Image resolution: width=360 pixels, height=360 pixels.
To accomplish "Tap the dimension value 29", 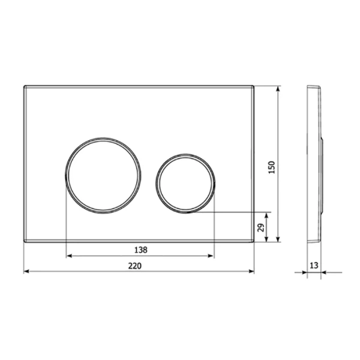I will click(x=260, y=227).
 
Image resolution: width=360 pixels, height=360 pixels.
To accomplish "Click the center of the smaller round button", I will click(x=185, y=183).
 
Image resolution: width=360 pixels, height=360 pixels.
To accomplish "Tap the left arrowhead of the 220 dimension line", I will click(x=26, y=272).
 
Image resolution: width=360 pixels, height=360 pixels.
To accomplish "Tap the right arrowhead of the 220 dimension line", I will click(x=251, y=272).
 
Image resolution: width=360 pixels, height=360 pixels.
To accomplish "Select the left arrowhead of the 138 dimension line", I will click(x=68, y=256).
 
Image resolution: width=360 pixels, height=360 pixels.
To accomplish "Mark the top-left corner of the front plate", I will click(x=24, y=86).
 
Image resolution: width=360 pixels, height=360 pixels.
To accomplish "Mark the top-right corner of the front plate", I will click(x=254, y=86).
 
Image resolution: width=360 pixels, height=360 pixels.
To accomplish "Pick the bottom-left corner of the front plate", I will click(x=24, y=242).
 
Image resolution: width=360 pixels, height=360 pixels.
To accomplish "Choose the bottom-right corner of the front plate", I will click(x=254, y=242).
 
